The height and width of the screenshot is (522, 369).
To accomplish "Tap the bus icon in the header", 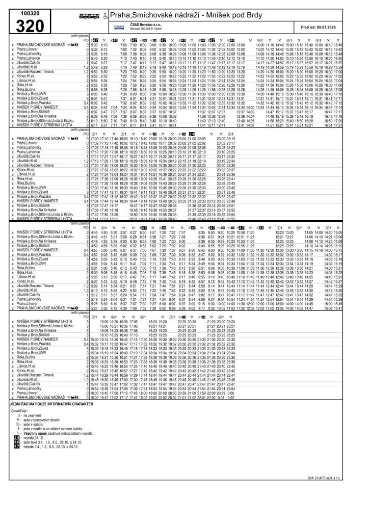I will click(89, 16).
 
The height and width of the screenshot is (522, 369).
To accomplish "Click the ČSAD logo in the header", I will click(120, 27).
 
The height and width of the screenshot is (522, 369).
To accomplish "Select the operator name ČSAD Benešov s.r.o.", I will click(148, 24).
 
